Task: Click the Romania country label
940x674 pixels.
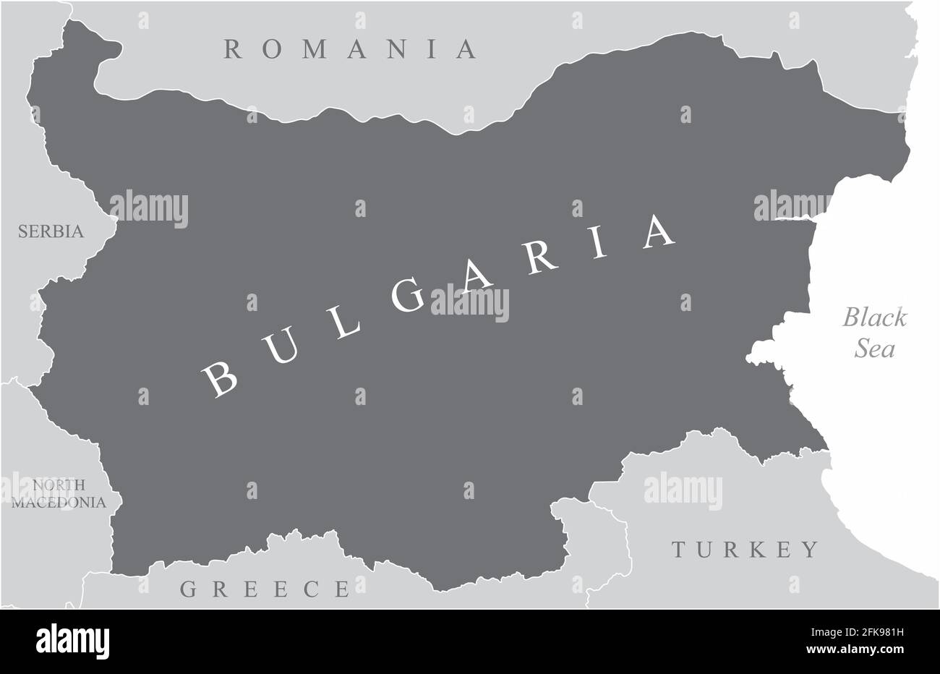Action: click(351, 49)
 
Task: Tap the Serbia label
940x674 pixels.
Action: click(51, 232)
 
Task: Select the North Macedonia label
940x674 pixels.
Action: click(59, 493)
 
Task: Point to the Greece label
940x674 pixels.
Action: click(265, 589)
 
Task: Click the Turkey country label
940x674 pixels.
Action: click(746, 550)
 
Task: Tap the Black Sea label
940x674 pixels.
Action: click(876, 333)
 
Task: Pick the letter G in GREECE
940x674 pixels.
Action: click(189, 589)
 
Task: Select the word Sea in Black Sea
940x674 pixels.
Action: click(876, 349)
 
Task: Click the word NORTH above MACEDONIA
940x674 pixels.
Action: click(59, 485)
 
